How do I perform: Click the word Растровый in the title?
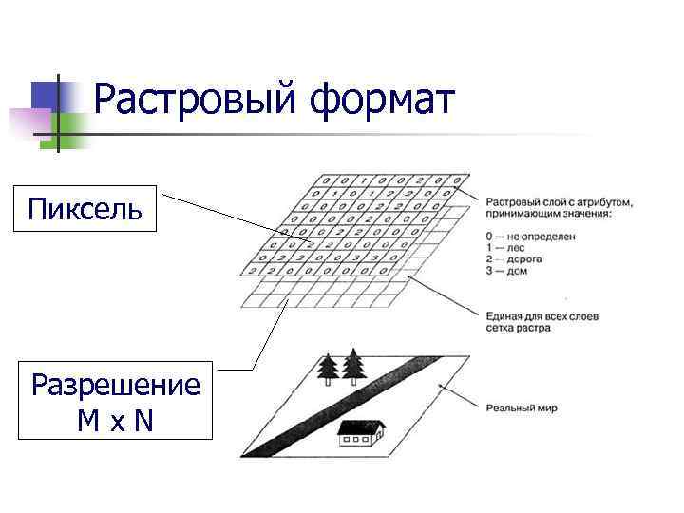(194, 99)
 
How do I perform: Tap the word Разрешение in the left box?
(116, 386)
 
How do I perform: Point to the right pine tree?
(354, 366)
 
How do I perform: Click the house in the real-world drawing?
(360, 434)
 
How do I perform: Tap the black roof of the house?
(360, 427)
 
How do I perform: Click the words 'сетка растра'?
(518, 328)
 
